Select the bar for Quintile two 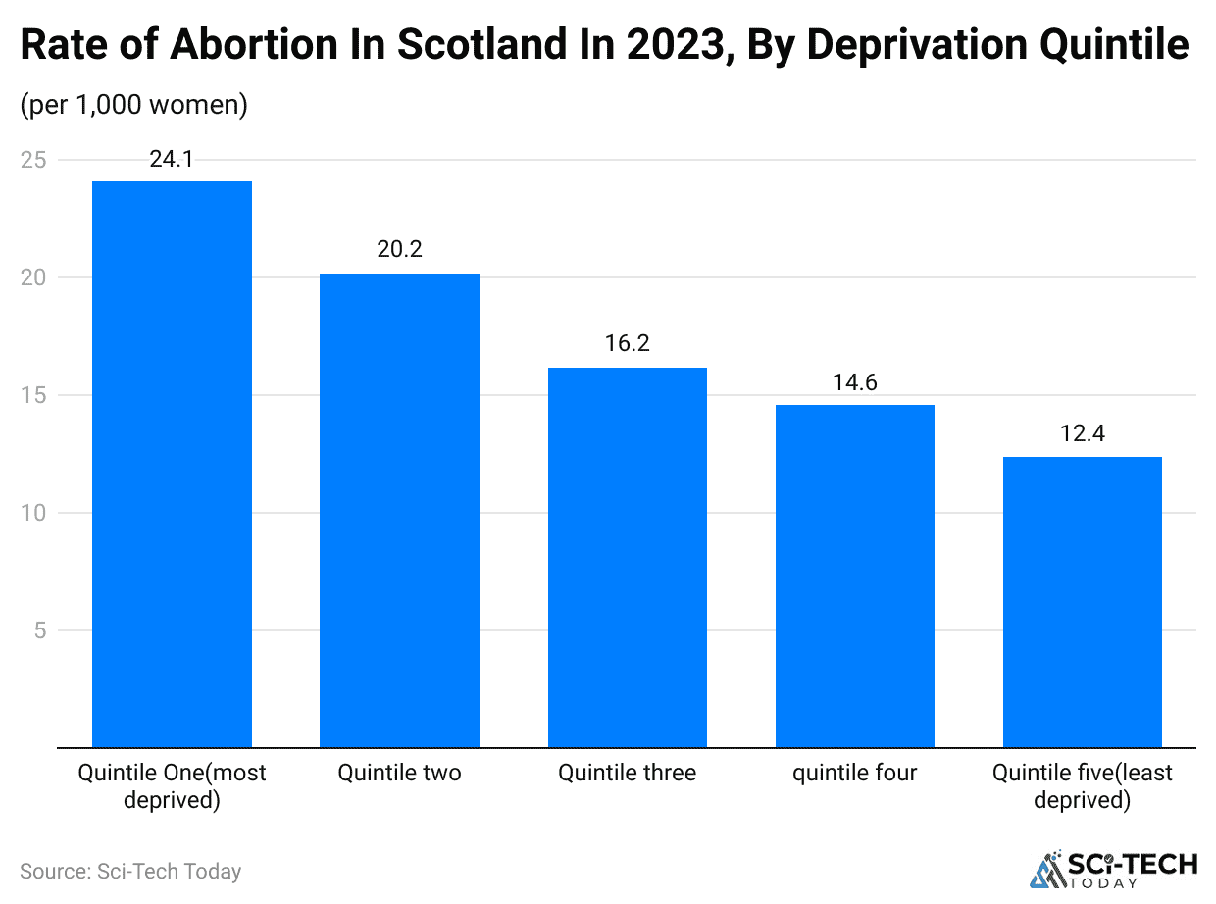[399, 510]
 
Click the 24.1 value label [172, 159]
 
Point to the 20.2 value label [399, 250]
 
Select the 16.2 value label [628, 344]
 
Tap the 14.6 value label [855, 382]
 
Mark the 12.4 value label [1083, 433]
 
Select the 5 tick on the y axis [39, 630]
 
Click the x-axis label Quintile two [399, 774]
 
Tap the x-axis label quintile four [855, 774]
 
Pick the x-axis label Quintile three [628, 774]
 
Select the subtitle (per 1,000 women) [134, 105]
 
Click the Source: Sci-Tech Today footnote [130, 871]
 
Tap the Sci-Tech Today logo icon [1047, 869]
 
